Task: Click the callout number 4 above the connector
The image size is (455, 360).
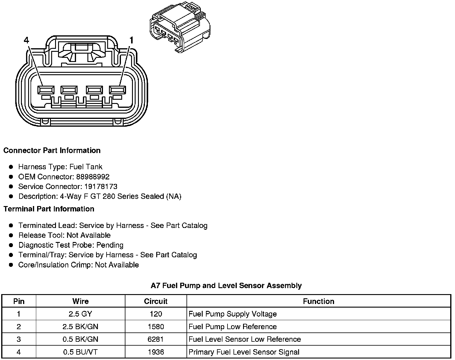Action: pyautogui.click(x=27, y=40)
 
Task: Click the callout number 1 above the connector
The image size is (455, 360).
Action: pyautogui.click(x=131, y=40)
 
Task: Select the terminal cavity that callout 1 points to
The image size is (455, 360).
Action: pyautogui.click(x=117, y=90)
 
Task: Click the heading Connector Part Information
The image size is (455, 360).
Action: pyautogui.click(x=52, y=150)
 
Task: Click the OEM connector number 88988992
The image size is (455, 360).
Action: pyautogui.click(x=93, y=177)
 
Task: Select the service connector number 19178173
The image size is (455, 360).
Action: pyautogui.click(x=101, y=187)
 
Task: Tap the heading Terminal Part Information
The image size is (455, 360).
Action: pyautogui.click(x=49, y=209)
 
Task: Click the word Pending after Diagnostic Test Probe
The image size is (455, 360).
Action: pyautogui.click(x=110, y=245)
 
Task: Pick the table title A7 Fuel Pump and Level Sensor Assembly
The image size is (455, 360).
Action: pyautogui.click(x=226, y=285)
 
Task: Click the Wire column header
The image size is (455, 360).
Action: pyautogui.click(x=80, y=301)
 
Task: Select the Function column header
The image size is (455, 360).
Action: pyautogui.click(x=318, y=301)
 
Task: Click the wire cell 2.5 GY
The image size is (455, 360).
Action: pyautogui.click(x=80, y=314)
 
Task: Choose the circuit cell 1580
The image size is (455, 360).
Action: pyautogui.click(x=156, y=326)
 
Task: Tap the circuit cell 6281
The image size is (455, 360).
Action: pyautogui.click(x=156, y=339)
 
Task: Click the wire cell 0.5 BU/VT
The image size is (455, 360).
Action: pyautogui.click(x=80, y=352)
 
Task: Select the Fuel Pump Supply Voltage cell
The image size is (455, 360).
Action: pyautogui.click(x=233, y=314)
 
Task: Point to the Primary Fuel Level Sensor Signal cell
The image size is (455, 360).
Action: pyautogui.click(x=244, y=352)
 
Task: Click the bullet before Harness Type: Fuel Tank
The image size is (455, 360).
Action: pyautogui.click(x=11, y=167)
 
